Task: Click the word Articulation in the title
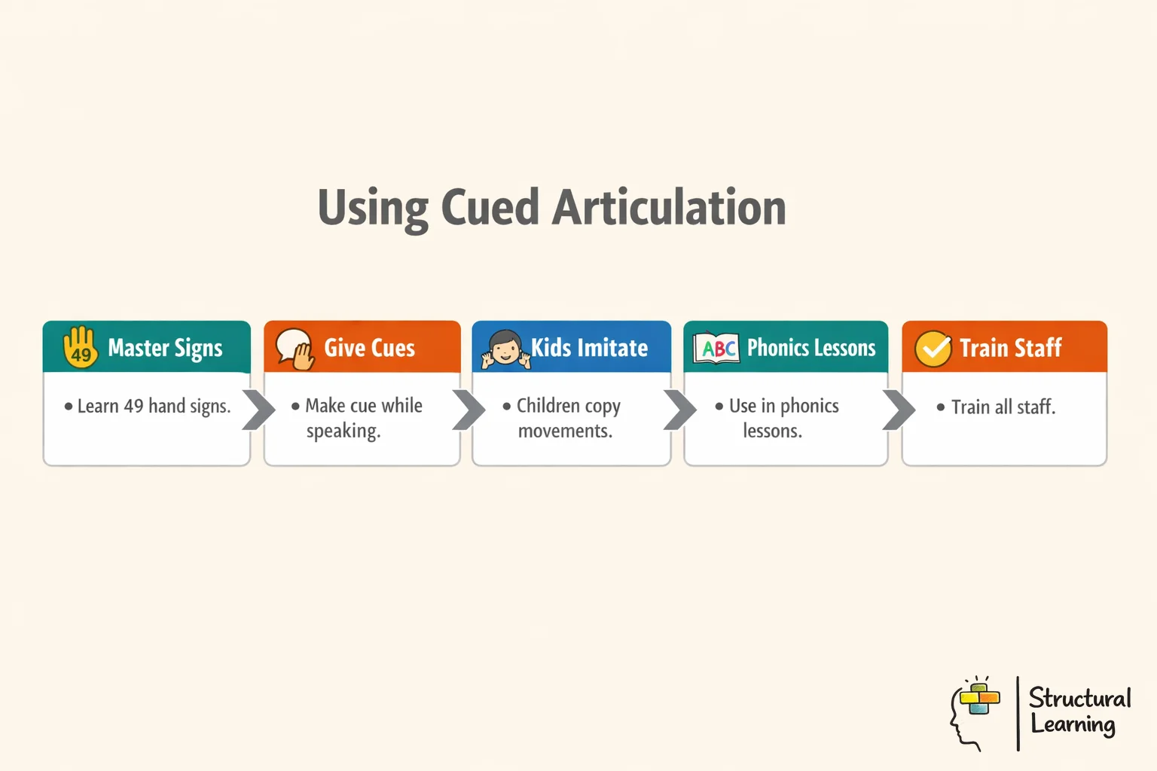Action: (669, 208)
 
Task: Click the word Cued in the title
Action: (490, 208)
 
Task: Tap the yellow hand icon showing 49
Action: (80, 347)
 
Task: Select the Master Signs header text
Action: (165, 348)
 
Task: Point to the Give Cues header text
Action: (369, 348)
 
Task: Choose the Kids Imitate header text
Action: (589, 348)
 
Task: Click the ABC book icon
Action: (716, 348)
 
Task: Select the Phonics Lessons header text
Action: (811, 348)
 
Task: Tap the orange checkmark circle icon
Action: (933, 349)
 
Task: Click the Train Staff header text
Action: (1010, 348)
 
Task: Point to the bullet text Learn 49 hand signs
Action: (154, 407)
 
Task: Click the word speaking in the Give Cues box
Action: (343, 431)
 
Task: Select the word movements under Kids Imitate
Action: (565, 431)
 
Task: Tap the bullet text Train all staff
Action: (1003, 407)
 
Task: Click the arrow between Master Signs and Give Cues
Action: (258, 410)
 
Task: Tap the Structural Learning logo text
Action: (1079, 711)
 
